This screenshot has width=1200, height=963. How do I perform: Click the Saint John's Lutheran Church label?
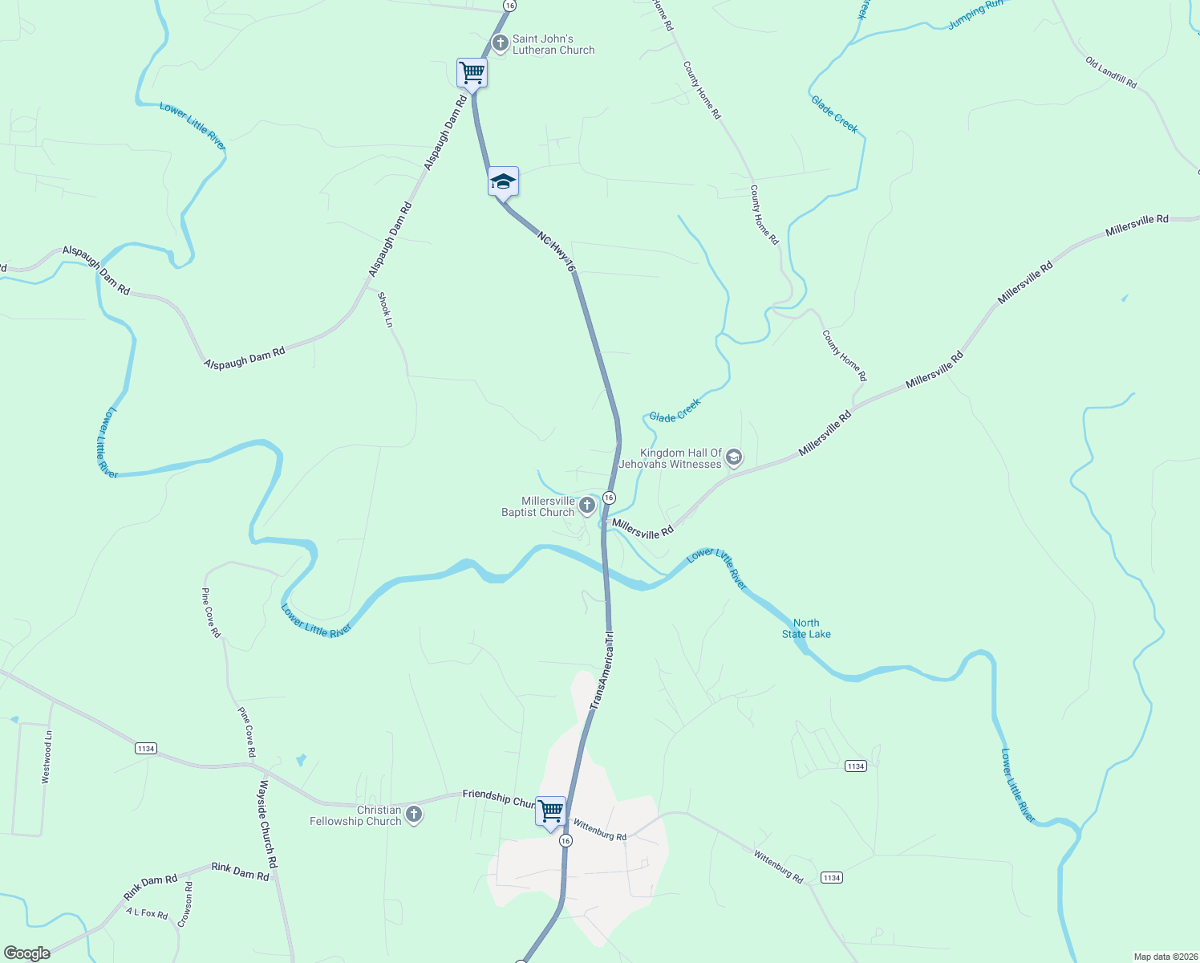(x=553, y=44)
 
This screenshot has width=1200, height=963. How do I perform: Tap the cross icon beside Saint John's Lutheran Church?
(x=500, y=43)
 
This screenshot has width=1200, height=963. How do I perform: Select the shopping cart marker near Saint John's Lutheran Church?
(x=472, y=73)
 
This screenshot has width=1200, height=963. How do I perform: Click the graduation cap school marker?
(x=503, y=182)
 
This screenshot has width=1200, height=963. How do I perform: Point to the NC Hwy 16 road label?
(x=557, y=252)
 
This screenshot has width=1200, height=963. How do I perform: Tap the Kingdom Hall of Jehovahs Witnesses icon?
(x=733, y=458)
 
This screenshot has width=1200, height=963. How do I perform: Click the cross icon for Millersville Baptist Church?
(x=587, y=506)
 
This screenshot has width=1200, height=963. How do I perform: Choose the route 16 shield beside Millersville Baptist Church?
(x=609, y=498)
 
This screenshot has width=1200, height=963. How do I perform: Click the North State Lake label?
(x=806, y=628)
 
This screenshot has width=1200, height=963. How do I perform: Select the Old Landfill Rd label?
(x=1111, y=72)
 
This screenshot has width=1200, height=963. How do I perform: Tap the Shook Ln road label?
(x=385, y=310)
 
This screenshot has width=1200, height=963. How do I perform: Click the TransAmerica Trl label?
(x=602, y=670)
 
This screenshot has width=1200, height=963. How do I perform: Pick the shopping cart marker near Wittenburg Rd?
(x=550, y=811)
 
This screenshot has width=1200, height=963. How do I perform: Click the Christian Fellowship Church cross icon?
(x=413, y=815)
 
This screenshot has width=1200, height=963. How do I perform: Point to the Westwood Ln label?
(x=47, y=757)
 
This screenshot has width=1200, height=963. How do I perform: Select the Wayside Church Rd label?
(x=268, y=823)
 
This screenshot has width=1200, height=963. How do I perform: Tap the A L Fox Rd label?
(x=147, y=913)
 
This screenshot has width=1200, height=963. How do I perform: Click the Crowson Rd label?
(x=184, y=904)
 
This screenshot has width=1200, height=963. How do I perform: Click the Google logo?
(x=27, y=953)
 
